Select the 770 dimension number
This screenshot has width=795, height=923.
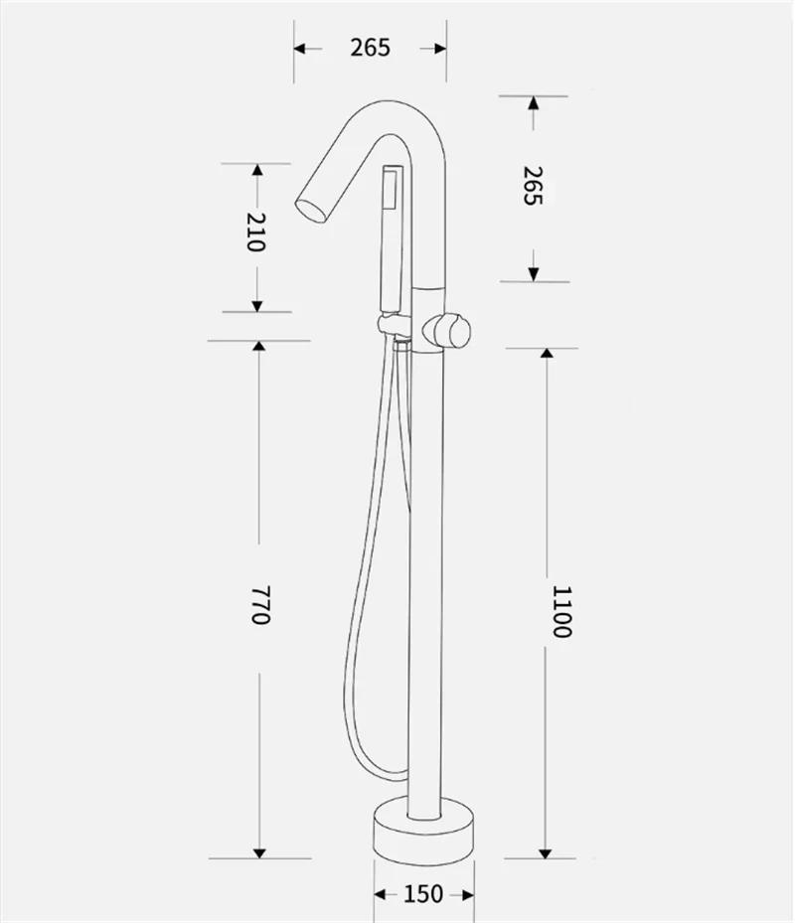click(259, 605)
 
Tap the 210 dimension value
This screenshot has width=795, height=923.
click(256, 231)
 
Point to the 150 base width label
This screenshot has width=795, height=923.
click(424, 894)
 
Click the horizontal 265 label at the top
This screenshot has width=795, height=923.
click(369, 47)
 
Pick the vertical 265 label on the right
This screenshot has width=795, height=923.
click(533, 186)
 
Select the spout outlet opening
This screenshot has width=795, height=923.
click(310, 207)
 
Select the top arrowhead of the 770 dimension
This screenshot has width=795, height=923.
click(259, 346)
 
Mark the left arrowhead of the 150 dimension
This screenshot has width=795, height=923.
click(380, 894)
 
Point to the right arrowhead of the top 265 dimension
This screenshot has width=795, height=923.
click(438, 48)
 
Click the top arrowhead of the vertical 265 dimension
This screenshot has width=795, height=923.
click(534, 102)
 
